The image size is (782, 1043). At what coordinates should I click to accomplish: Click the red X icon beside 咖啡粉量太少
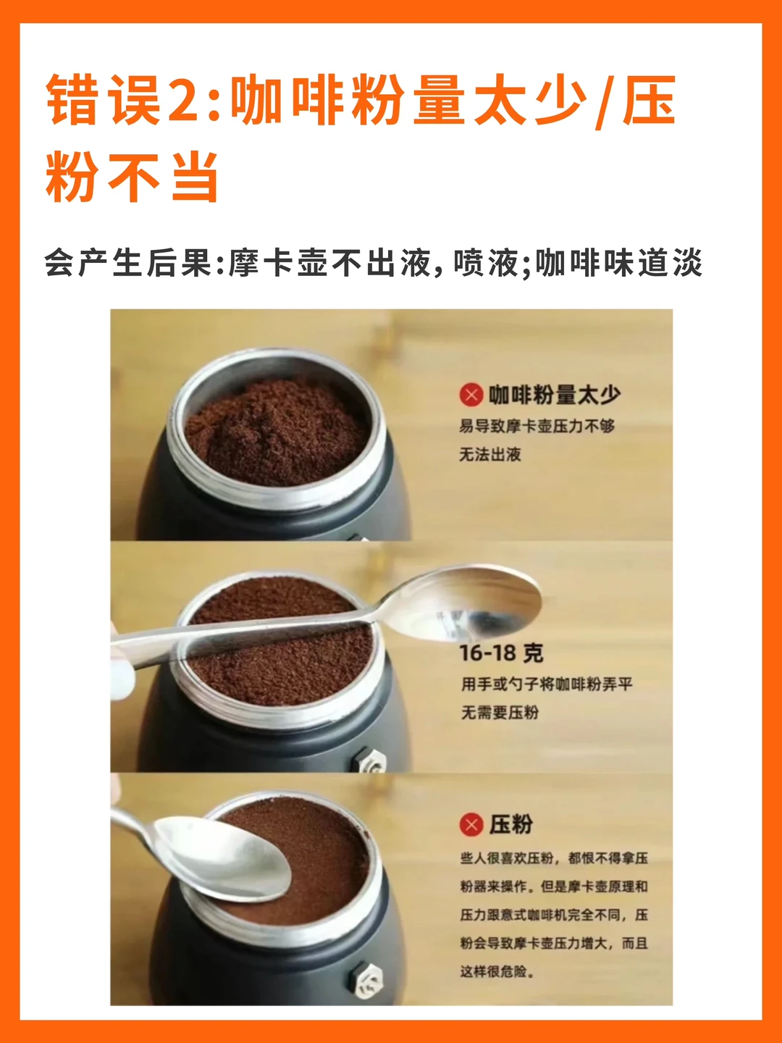[x=471, y=395]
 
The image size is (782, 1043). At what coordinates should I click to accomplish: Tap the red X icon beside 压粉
[x=471, y=824]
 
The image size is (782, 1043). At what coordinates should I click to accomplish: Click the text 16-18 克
[x=501, y=654]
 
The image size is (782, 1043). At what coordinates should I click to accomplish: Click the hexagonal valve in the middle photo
[x=369, y=761]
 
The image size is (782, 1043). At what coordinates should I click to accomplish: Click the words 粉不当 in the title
[x=132, y=177]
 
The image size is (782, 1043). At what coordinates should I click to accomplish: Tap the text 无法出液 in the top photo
[x=490, y=455]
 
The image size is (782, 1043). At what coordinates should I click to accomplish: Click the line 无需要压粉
[x=500, y=713]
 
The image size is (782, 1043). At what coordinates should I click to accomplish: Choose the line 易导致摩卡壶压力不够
[x=537, y=426]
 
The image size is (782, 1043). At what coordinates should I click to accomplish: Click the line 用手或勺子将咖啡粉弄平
[x=547, y=684]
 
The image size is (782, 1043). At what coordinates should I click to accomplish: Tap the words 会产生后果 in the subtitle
[x=127, y=262]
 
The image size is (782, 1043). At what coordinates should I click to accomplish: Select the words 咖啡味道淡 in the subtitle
[x=619, y=262]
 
